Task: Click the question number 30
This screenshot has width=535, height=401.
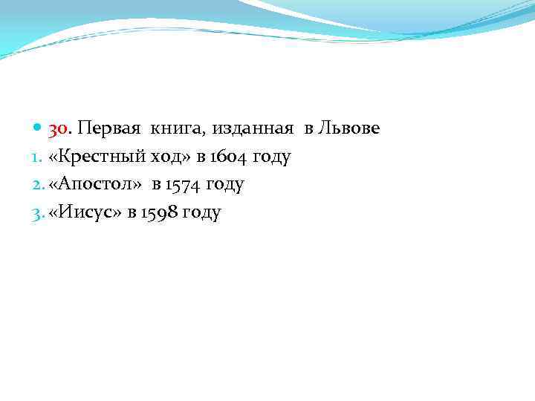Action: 59,130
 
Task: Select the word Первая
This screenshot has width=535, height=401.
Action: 110,129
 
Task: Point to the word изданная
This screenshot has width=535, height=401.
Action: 254,130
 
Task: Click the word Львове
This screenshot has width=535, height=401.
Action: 348,129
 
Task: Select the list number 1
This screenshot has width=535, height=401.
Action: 39,157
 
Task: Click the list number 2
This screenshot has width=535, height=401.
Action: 39,185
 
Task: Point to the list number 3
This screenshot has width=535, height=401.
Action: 39,213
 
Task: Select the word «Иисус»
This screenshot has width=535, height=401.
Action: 84,213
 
